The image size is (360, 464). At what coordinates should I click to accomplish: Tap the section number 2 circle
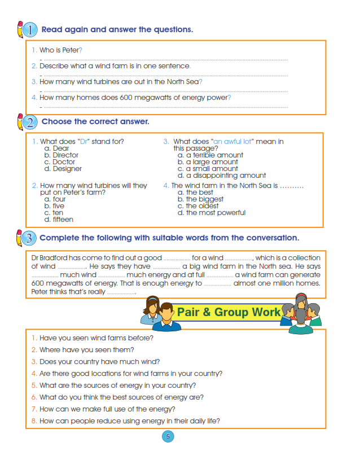pos(30,122)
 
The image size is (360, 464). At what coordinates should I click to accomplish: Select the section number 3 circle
pos(30,238)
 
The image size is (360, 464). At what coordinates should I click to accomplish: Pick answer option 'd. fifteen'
pos(59,220)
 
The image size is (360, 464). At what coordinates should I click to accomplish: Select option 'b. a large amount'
pos(208,162)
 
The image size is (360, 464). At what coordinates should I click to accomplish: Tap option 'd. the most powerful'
pos(211,213)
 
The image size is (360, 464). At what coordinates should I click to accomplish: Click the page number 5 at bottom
pos(168,436)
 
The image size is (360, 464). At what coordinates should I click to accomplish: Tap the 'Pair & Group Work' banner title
pos(228,312)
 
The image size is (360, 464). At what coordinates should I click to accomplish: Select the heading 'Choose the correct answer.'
pos(95,122)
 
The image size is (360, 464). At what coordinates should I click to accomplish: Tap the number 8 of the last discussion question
pos(34,421)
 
